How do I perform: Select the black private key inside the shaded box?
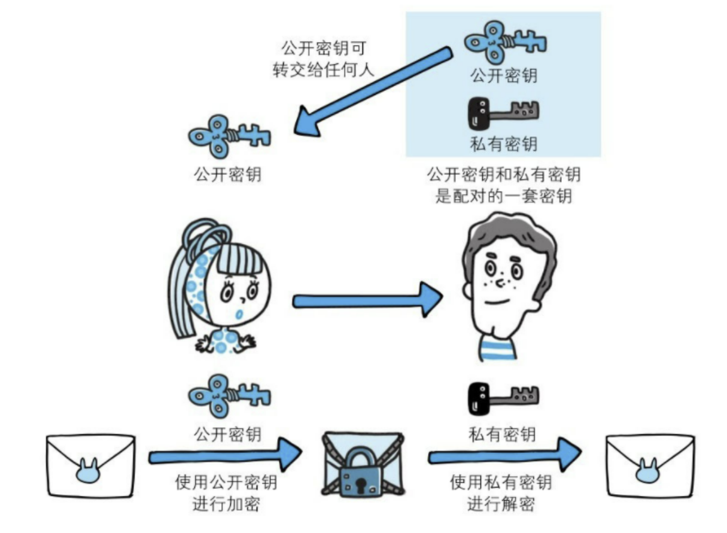coord(502,112)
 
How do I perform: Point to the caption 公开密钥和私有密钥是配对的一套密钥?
coord(503,185)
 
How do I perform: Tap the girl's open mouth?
coord(240,312)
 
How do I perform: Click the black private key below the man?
coord(502,396)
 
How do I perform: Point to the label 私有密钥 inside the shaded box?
coord(503,144)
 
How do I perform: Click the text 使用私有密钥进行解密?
coord(501,494)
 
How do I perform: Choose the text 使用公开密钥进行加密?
coord(226,494)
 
